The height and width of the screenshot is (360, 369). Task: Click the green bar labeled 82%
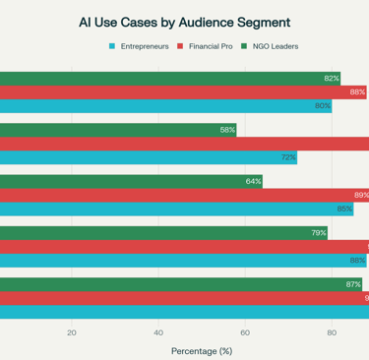coord(167,79)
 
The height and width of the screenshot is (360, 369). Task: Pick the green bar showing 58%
coord(118,130)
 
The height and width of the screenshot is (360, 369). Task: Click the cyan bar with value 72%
coord(148,157)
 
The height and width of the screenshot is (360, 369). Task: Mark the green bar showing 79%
coord(163,233)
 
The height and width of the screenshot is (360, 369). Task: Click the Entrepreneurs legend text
coord(144,46)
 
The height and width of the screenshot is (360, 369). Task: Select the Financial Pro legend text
coord(212,46)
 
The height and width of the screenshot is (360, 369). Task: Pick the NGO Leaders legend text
coord(277,46)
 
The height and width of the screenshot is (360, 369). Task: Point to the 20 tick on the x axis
coord(72,332)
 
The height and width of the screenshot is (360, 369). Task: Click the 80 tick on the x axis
coord(332,332)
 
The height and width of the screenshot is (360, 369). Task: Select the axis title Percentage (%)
coord(202,350)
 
